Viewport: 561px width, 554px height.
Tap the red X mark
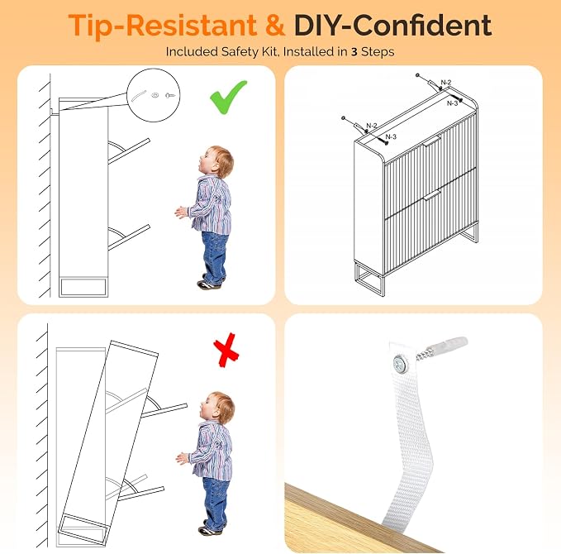point(226,351)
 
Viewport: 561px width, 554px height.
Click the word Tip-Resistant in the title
point(163,26)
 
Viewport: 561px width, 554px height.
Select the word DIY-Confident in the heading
point(392,25)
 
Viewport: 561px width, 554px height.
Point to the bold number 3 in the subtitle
point(354,52)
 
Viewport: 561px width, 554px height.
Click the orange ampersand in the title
point(275,26)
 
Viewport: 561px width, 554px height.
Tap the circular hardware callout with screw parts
point(154,95)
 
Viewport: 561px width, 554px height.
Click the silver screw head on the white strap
point(401,365)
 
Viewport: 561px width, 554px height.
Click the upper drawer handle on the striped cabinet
point(432,141)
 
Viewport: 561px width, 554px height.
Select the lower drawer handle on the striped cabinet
point(432,195)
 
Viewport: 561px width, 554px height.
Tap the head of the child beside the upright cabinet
point(216,162)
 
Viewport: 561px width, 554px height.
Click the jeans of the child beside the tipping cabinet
point(216,500)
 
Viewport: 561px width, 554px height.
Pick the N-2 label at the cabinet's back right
point(446,83)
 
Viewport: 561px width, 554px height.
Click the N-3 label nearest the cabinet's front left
point(391,136)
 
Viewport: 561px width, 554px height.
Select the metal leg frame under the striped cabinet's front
point(369,280)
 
